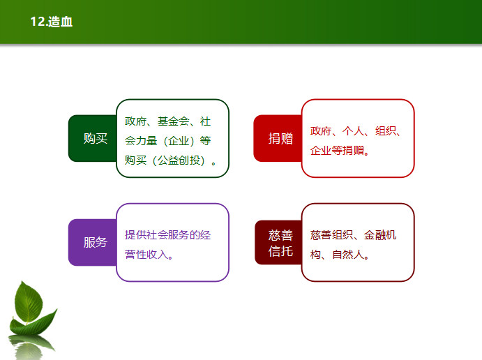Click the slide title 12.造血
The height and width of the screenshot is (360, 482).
(x=52, y=22)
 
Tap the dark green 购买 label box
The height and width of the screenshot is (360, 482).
(x=93, y=138)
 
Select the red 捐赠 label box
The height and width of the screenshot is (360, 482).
(x=278, y=138)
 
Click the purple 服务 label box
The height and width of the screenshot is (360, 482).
(x=93, y=242)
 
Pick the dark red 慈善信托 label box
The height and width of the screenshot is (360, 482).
(x=278, y=242)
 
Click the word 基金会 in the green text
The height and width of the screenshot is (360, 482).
(x=174, y=121)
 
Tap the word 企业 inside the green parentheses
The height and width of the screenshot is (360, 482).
(x=179, y=141)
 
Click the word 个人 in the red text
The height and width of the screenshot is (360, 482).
(x=353, y=131)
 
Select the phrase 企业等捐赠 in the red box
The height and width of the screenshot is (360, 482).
(x=337, y=151)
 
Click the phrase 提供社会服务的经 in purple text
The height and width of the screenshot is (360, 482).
(x=168, y=235)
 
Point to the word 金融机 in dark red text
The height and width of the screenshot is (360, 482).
(x=380, y=235)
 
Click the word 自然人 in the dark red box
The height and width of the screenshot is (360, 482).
(x=348, y=255)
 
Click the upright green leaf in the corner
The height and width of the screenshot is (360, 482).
(x=29, y=302)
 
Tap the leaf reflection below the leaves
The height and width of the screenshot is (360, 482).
(x=30, y=347)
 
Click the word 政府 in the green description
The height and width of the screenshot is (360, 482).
(x=135, y=121)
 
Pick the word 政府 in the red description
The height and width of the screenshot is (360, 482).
(x=321, y=131)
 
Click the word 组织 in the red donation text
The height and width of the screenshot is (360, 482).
(x=386, y=131)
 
